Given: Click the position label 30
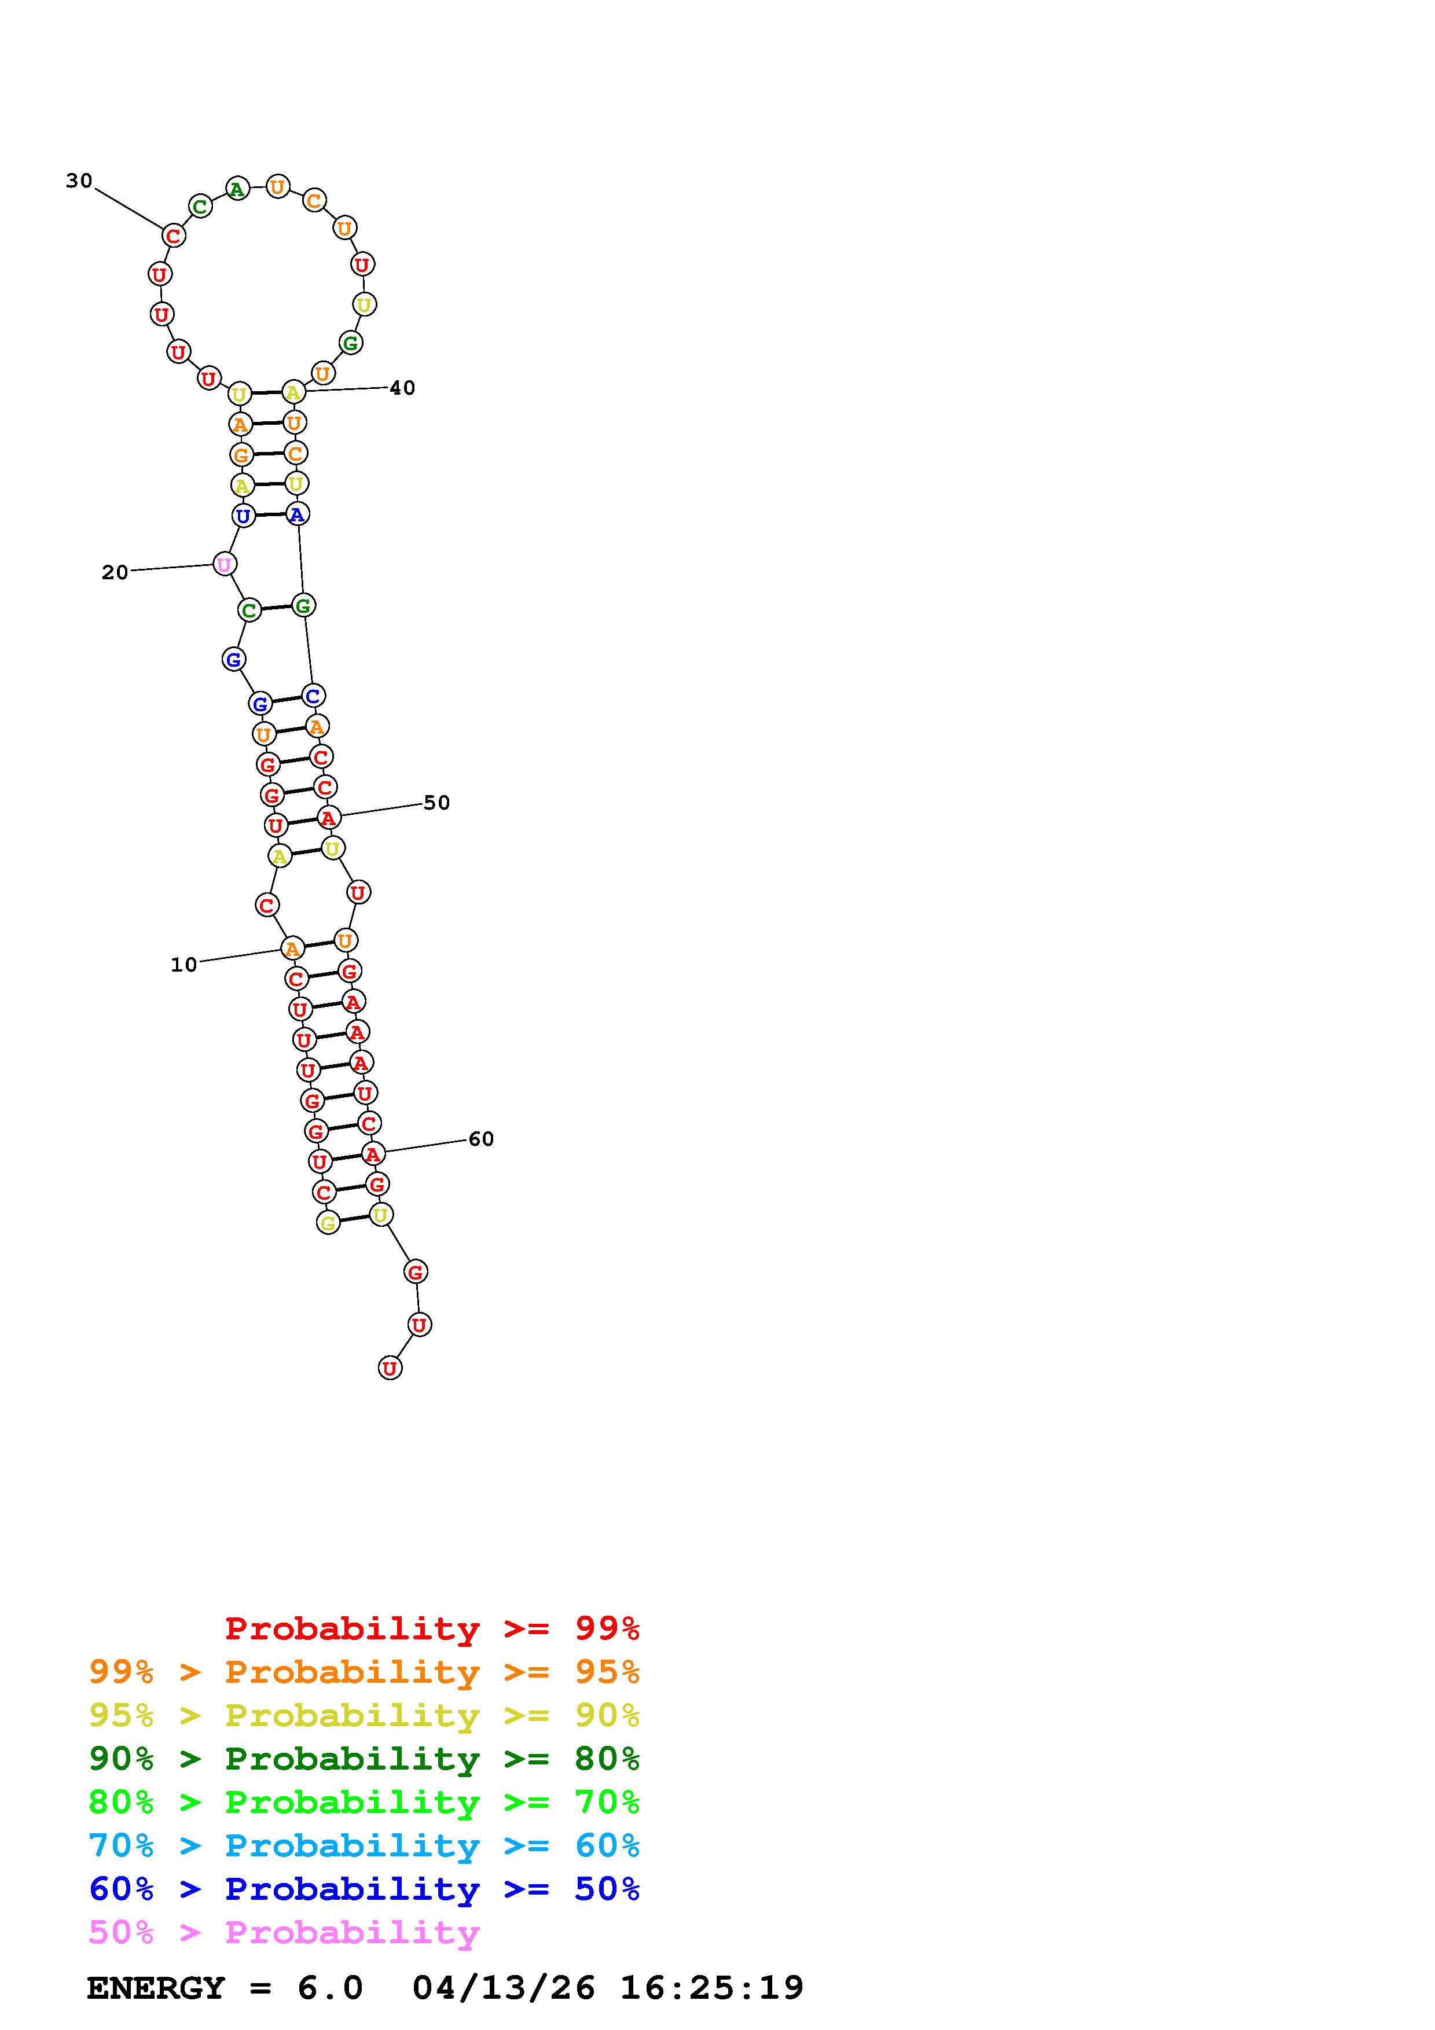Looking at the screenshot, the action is coord(79,181).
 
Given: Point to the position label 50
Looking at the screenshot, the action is coord(437,803).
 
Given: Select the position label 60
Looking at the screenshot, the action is coord(481,1139).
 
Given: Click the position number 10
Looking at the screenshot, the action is coord(184,965).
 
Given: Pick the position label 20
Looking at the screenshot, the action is coord(115,573).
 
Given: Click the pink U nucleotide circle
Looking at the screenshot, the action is coord(225,564).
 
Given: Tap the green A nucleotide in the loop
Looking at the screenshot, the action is coord(237,188).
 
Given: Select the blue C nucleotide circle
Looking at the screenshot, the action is coord(312,696).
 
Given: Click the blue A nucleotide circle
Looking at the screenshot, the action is coord(297,514).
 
